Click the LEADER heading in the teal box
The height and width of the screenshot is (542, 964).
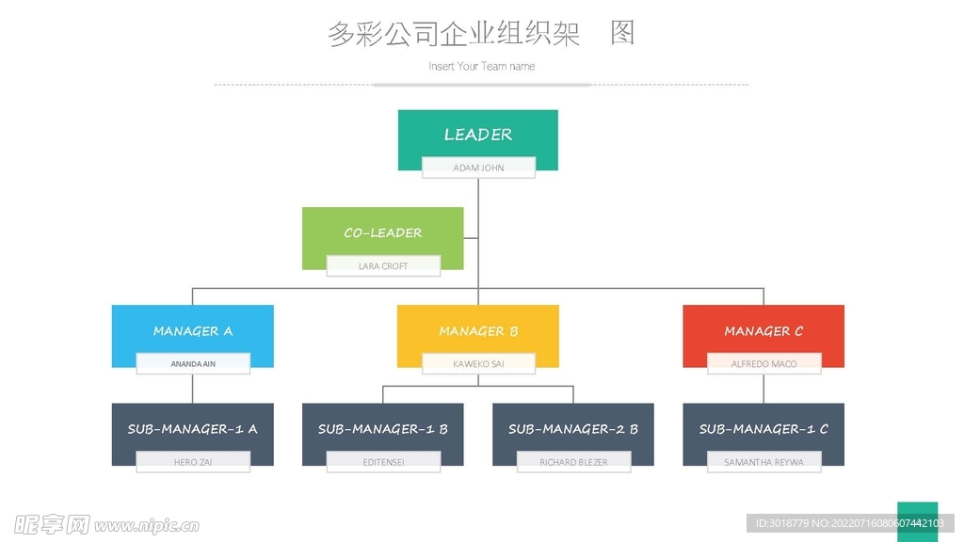[x=478, y=135]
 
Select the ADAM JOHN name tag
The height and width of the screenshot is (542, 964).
[x=478, y=168]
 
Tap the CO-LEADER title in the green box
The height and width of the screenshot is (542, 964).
[x=383, y=232]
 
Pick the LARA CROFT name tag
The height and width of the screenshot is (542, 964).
[x=383, y=266]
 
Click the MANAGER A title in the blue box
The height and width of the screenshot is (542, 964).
[x=193, y=331]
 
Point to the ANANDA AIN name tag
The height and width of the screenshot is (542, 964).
[x=193, y=364]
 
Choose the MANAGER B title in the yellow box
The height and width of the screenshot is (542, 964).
[x=478, y=331]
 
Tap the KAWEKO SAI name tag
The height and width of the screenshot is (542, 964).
[x=478, y=364]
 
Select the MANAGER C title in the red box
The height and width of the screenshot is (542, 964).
[x=763, y=331]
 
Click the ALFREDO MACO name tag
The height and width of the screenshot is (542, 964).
[x=763, y=364]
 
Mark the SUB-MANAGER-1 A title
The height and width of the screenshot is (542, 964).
[x=193, y=429]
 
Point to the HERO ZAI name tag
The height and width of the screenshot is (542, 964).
[x=193, y=462]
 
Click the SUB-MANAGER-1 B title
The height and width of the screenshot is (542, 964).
[x=383, y=429]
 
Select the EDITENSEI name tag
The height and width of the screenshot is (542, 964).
[x=383, y=462]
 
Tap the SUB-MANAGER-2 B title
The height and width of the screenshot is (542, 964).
[x=573, y=429]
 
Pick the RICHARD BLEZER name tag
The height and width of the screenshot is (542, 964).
[x=573, y=462]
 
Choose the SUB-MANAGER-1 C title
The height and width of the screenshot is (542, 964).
[x=763, y=429]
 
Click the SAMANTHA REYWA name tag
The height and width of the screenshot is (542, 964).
[x=763, y=462]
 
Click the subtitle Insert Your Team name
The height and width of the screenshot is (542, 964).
[x=481, y=66]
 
